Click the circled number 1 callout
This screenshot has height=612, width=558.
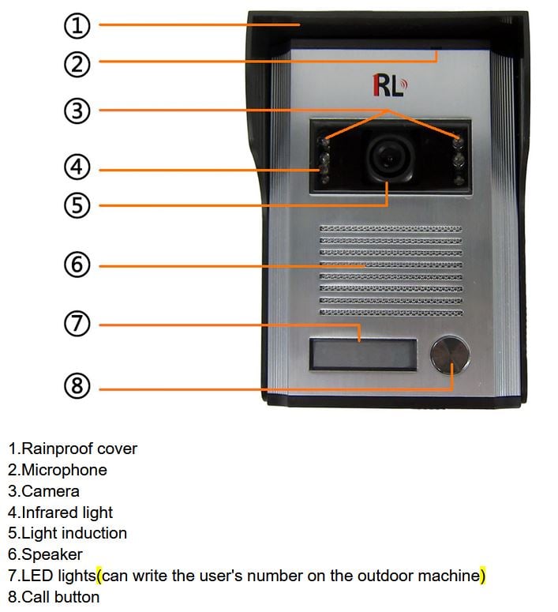click(x=77, y=25)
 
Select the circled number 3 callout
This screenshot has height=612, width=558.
click(x=77, y=111)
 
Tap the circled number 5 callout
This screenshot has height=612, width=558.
click(x=77, y=205)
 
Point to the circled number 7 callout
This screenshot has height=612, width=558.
click(x=77, y=324)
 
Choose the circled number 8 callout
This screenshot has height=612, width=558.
click(x=77, y=386)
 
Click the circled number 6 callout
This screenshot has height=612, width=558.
click(x=77, y=265)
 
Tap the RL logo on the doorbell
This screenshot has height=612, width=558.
click(x=388, y=85)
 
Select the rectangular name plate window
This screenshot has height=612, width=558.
click(x=362, y=355)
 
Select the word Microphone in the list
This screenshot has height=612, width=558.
click(x=64, y=470)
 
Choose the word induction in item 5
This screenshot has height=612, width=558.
click(x=93, y=533)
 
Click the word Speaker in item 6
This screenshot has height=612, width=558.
click(x=52, y=554)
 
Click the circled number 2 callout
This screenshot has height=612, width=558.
click(x=77, y=63)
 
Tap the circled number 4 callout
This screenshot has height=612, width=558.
click(x=77, y=167)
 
